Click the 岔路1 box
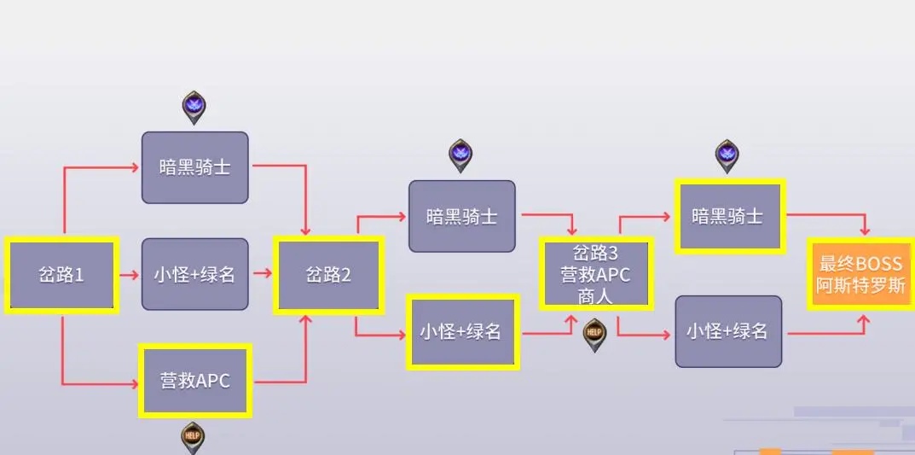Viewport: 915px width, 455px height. pos(61,275)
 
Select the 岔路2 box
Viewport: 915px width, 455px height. pos(328,275)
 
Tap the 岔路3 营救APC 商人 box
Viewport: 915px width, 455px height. pos(596,273)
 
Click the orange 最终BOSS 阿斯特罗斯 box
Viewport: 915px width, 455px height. pos(861,274)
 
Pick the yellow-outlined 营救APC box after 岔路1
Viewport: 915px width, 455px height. pos(195,381)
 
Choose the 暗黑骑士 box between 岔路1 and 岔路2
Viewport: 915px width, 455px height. pos(195,167)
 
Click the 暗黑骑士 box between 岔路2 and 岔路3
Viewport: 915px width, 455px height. pos(461,216)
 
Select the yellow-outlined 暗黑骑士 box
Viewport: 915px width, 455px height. pos(727,216)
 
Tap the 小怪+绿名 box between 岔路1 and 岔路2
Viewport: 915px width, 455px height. pos(195,274)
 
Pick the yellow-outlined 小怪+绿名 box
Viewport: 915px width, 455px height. pos(461,332)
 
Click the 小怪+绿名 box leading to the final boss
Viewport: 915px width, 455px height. pos(728,332)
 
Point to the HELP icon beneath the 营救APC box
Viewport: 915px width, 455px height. pos(194,437)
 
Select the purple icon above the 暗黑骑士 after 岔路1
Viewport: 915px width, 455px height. pos(194,108)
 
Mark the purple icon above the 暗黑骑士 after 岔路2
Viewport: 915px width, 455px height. pos(460,155)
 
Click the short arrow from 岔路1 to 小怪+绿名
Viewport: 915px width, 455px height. pos(129,275)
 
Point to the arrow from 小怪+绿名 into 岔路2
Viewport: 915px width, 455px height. pos(263,273)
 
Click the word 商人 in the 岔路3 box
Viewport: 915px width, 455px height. pos(596,296)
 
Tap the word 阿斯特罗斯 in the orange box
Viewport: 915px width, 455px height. pos(861,286)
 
